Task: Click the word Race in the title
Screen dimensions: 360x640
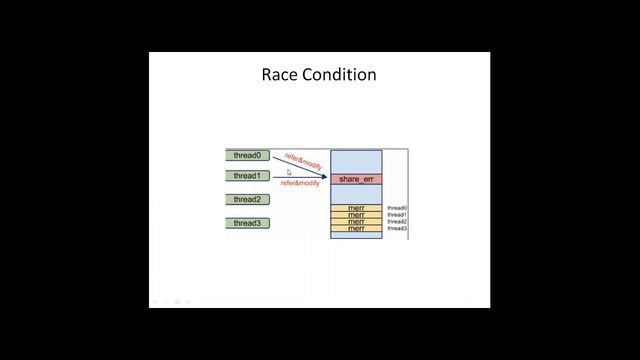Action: pyautogui.click(x=278, y=75)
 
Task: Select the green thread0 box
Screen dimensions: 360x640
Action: pyautogui.click(x=247, y=155)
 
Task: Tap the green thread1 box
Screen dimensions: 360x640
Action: pyautogui.click(x=247, y=176)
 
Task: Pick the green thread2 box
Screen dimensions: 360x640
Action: pyautogui.click(x=247, y=199)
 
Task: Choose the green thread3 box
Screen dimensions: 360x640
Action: pyautogui.click(x=247, y=223)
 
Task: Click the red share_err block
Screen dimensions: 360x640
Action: pyautogui.click(x=356, y=179)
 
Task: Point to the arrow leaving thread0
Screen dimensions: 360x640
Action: pyautogui.click(x=300, y=166)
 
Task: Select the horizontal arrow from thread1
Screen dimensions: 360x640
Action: pyautogui.click(x=300, y=177)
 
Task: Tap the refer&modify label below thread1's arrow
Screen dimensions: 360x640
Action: pyautogui.click(x=300, y=184)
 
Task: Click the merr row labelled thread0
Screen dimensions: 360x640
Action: pyautogui.click(x=356, y=208)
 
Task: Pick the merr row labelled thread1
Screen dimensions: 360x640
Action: pyautogui.click(x=356, y=215)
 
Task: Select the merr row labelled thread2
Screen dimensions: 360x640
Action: pyautogui.click(x=356, y=222)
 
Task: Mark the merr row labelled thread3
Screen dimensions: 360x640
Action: pyautogui.click(x=356, y=229)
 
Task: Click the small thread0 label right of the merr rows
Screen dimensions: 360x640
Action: pyautogui.click(x=397, y=208)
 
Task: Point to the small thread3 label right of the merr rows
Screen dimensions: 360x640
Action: pyautogui.click(x=397, y=229)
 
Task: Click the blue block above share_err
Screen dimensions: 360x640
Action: pyautogui.click(x=356, y=161)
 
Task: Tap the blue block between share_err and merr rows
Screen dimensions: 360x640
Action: pyautogui.click(x=356, y=194)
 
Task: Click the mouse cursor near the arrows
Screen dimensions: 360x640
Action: pyautogui.click(x=289, y=173)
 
